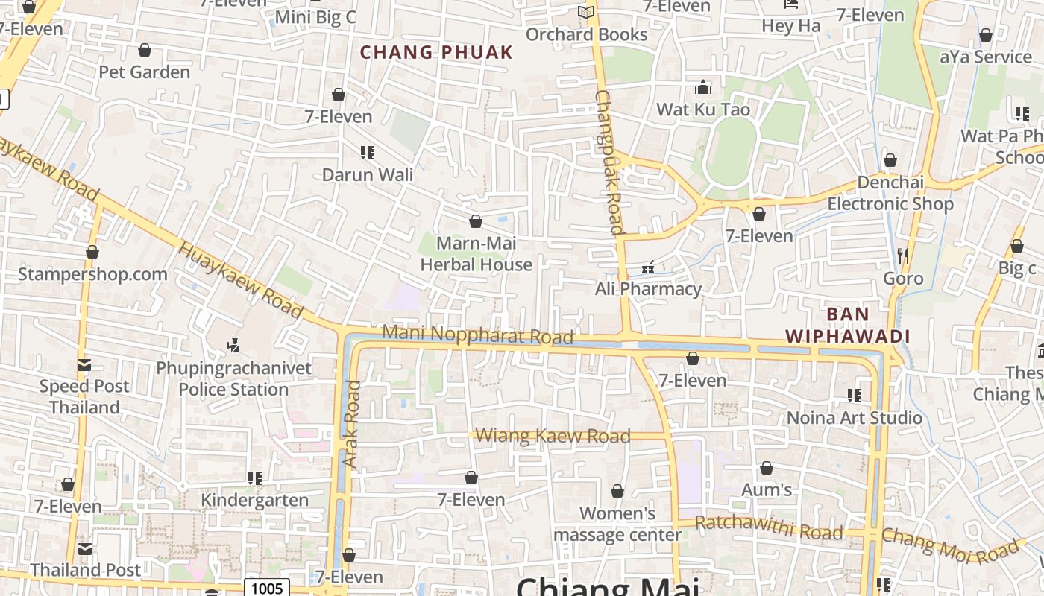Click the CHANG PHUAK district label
tap(436, 52)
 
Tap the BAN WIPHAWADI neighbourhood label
tap(848, 325)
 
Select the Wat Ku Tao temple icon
tap(702, 88)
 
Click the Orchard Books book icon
tap(586, 13)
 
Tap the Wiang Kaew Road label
tap(553, 436)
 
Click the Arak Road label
tap(352, 424)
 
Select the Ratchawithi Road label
tap(769, 527)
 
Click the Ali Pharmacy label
tap(648, 289)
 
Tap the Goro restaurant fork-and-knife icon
tap(903, 256)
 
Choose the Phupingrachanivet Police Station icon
tap(233, 345)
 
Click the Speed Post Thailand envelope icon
tap(84, 365)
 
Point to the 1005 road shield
tap(266, 589)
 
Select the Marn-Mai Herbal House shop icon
tap(476, 221)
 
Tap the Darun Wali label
tap(367, 174)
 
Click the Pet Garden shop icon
tap(145, 50)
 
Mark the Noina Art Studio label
tap(855, 417)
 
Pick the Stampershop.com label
tap(92, 273)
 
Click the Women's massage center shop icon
tap(617, 491)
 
